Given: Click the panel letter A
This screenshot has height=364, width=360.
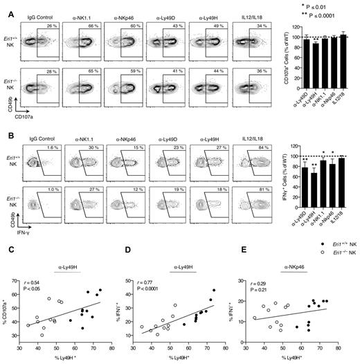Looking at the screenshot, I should (5, 5).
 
